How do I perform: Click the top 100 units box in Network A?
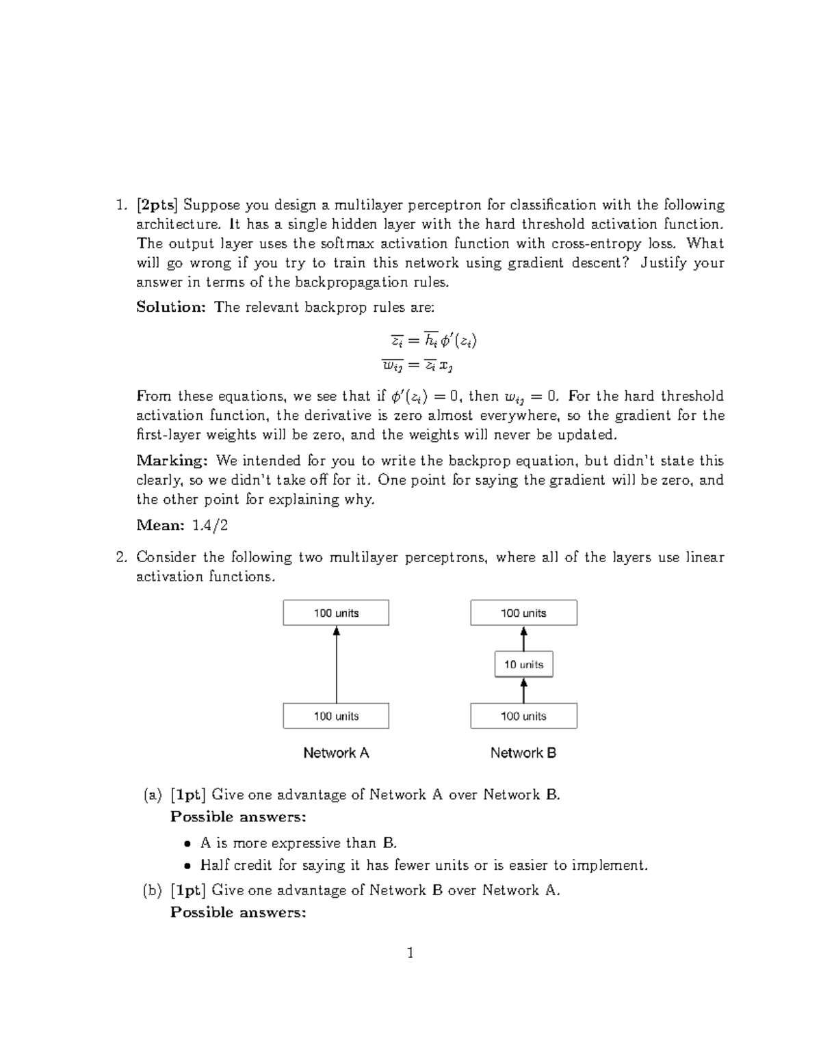[336, 613]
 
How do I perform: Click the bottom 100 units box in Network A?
[336, 716]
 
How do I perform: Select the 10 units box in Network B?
[523, 664]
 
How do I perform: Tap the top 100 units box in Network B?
[523, 613]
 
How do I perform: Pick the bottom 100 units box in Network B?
[523, 716]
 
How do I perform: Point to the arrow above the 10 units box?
[523, 639]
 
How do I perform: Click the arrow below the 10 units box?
[523, 690]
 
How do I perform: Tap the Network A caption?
[336, 753]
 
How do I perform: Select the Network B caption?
[523, 753]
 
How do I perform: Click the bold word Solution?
[170, 307]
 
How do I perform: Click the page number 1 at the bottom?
[410, 953]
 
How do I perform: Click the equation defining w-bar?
[418, 365]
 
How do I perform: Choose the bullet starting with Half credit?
[423, 865]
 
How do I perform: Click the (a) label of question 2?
[152, 795]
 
